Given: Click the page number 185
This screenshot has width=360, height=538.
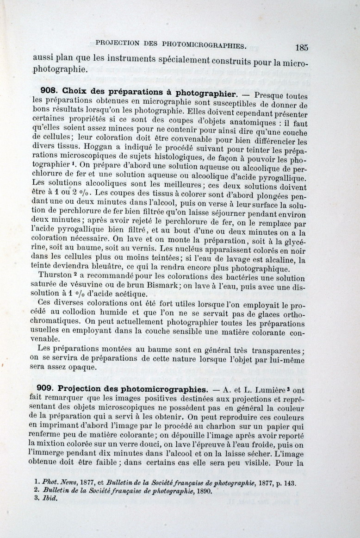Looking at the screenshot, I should pyautogui.click(x=301, y=47).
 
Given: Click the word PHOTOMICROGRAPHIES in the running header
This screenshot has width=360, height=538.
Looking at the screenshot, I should pyautogui.click(x=204, y=44).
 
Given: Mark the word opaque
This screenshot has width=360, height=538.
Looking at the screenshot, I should pyautogui.click(x=97, y=367).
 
